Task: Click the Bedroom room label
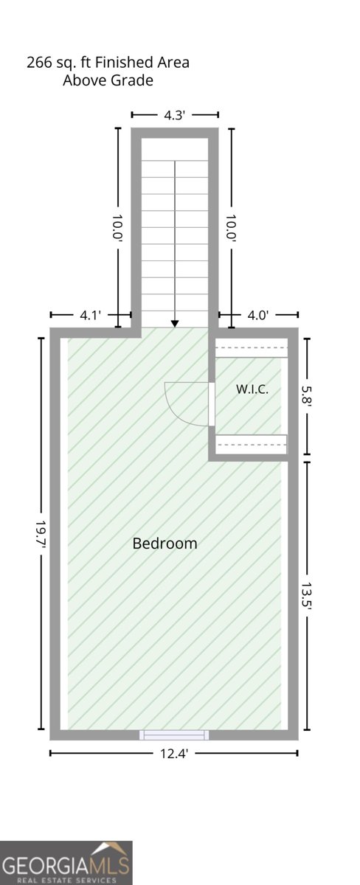[x=165, y=544]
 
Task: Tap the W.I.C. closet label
[x=252, y=389]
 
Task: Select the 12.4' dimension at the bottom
[x=174, y=754]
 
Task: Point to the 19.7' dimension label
[x=41, y=533]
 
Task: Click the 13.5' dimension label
[x=307, y=597]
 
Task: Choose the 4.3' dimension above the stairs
[x=175, y=115]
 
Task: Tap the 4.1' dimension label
[x=91, y=316]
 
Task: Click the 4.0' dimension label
[x=258, y=316]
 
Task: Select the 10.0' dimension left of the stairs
[x=118, y=229]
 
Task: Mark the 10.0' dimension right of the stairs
[x=232, y=229]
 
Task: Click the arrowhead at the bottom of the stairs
[x=175, y=324]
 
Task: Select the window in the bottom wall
[x=174, y=735]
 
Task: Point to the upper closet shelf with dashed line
[x=251, y=347]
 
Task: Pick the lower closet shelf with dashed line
[x=251, y=445]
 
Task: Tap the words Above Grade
[x=108, y=80]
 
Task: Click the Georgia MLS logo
[x=66, y=863]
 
